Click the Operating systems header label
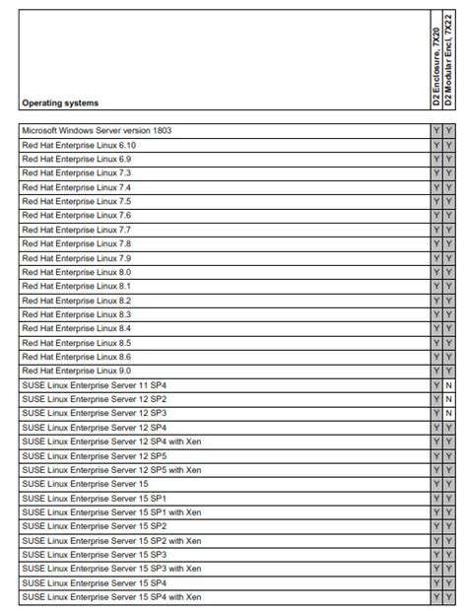[x=60, y=102]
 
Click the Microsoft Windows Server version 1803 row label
[x=97, y=130]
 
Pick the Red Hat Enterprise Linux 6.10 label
[x=79, y=145]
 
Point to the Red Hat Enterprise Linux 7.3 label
[x=76, y=172]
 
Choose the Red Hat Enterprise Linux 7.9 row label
[x=76, y=257]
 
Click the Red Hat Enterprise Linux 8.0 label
[x=76, y=272]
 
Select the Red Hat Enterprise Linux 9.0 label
[x=76, y=371]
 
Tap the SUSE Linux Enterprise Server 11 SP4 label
[x=94, y=384]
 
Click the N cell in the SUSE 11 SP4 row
[x=448, y=385]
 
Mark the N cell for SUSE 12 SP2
[x=448, y=399]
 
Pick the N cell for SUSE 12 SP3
[x=448, y=413]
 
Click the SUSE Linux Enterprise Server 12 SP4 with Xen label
[x=111, y=441]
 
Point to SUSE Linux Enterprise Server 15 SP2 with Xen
[x=111, y=540]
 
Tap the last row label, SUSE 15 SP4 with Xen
[x=111, y=597]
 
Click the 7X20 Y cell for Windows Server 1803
[x=436, y=130]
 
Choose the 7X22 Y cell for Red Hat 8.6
[x=448, y=357]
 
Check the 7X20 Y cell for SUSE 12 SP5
[x=436, y=455]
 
